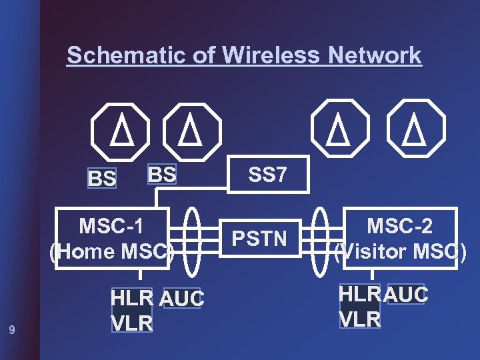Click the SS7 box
(267, 175)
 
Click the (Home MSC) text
(111, 252)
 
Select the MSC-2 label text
(400, 226)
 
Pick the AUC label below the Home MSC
(182, 300)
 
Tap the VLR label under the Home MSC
(132, 323)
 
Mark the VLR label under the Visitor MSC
(360, 319)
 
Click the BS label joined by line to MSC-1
(162, 174)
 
